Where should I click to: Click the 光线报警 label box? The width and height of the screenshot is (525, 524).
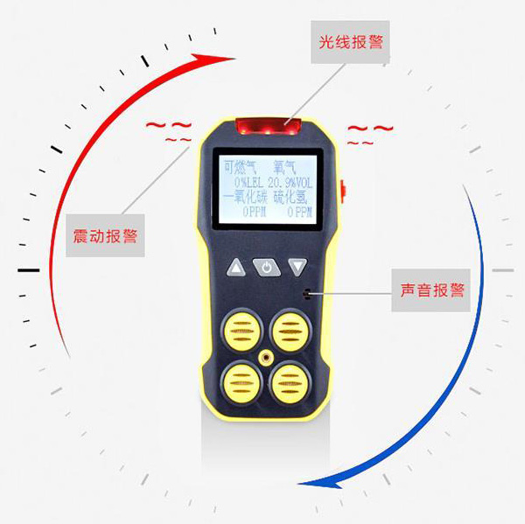coord(350,42)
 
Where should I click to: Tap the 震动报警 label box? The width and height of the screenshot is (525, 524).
coord(105,235)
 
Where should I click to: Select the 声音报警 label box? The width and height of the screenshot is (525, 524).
coord(431,290)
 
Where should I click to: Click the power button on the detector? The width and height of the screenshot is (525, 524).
coord(267,267)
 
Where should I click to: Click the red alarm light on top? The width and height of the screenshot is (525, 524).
coord(268,127)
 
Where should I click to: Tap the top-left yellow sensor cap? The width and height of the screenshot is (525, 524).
coord(241,331)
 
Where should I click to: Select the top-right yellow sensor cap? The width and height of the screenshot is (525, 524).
coord(290,331)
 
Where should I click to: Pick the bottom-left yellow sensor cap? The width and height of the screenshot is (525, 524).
coord(241,382)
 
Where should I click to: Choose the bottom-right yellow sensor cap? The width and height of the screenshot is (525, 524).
coord(290,382)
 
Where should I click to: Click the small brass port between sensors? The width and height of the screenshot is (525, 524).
coord(266,358)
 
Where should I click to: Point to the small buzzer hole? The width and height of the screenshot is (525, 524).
coord(306,294)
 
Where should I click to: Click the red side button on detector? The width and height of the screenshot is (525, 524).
coord(343,192)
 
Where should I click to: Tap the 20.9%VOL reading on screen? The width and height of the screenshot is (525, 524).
coord(290,183)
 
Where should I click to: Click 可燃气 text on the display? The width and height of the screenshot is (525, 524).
coord(240,167)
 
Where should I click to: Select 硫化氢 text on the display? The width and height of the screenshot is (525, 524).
coord(290,198)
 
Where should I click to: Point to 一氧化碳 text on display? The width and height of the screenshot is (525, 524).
coord(245,198)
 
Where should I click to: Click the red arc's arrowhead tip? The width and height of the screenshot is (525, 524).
coord(235,59)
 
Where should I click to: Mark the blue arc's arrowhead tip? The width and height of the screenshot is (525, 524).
coord(297,484)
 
